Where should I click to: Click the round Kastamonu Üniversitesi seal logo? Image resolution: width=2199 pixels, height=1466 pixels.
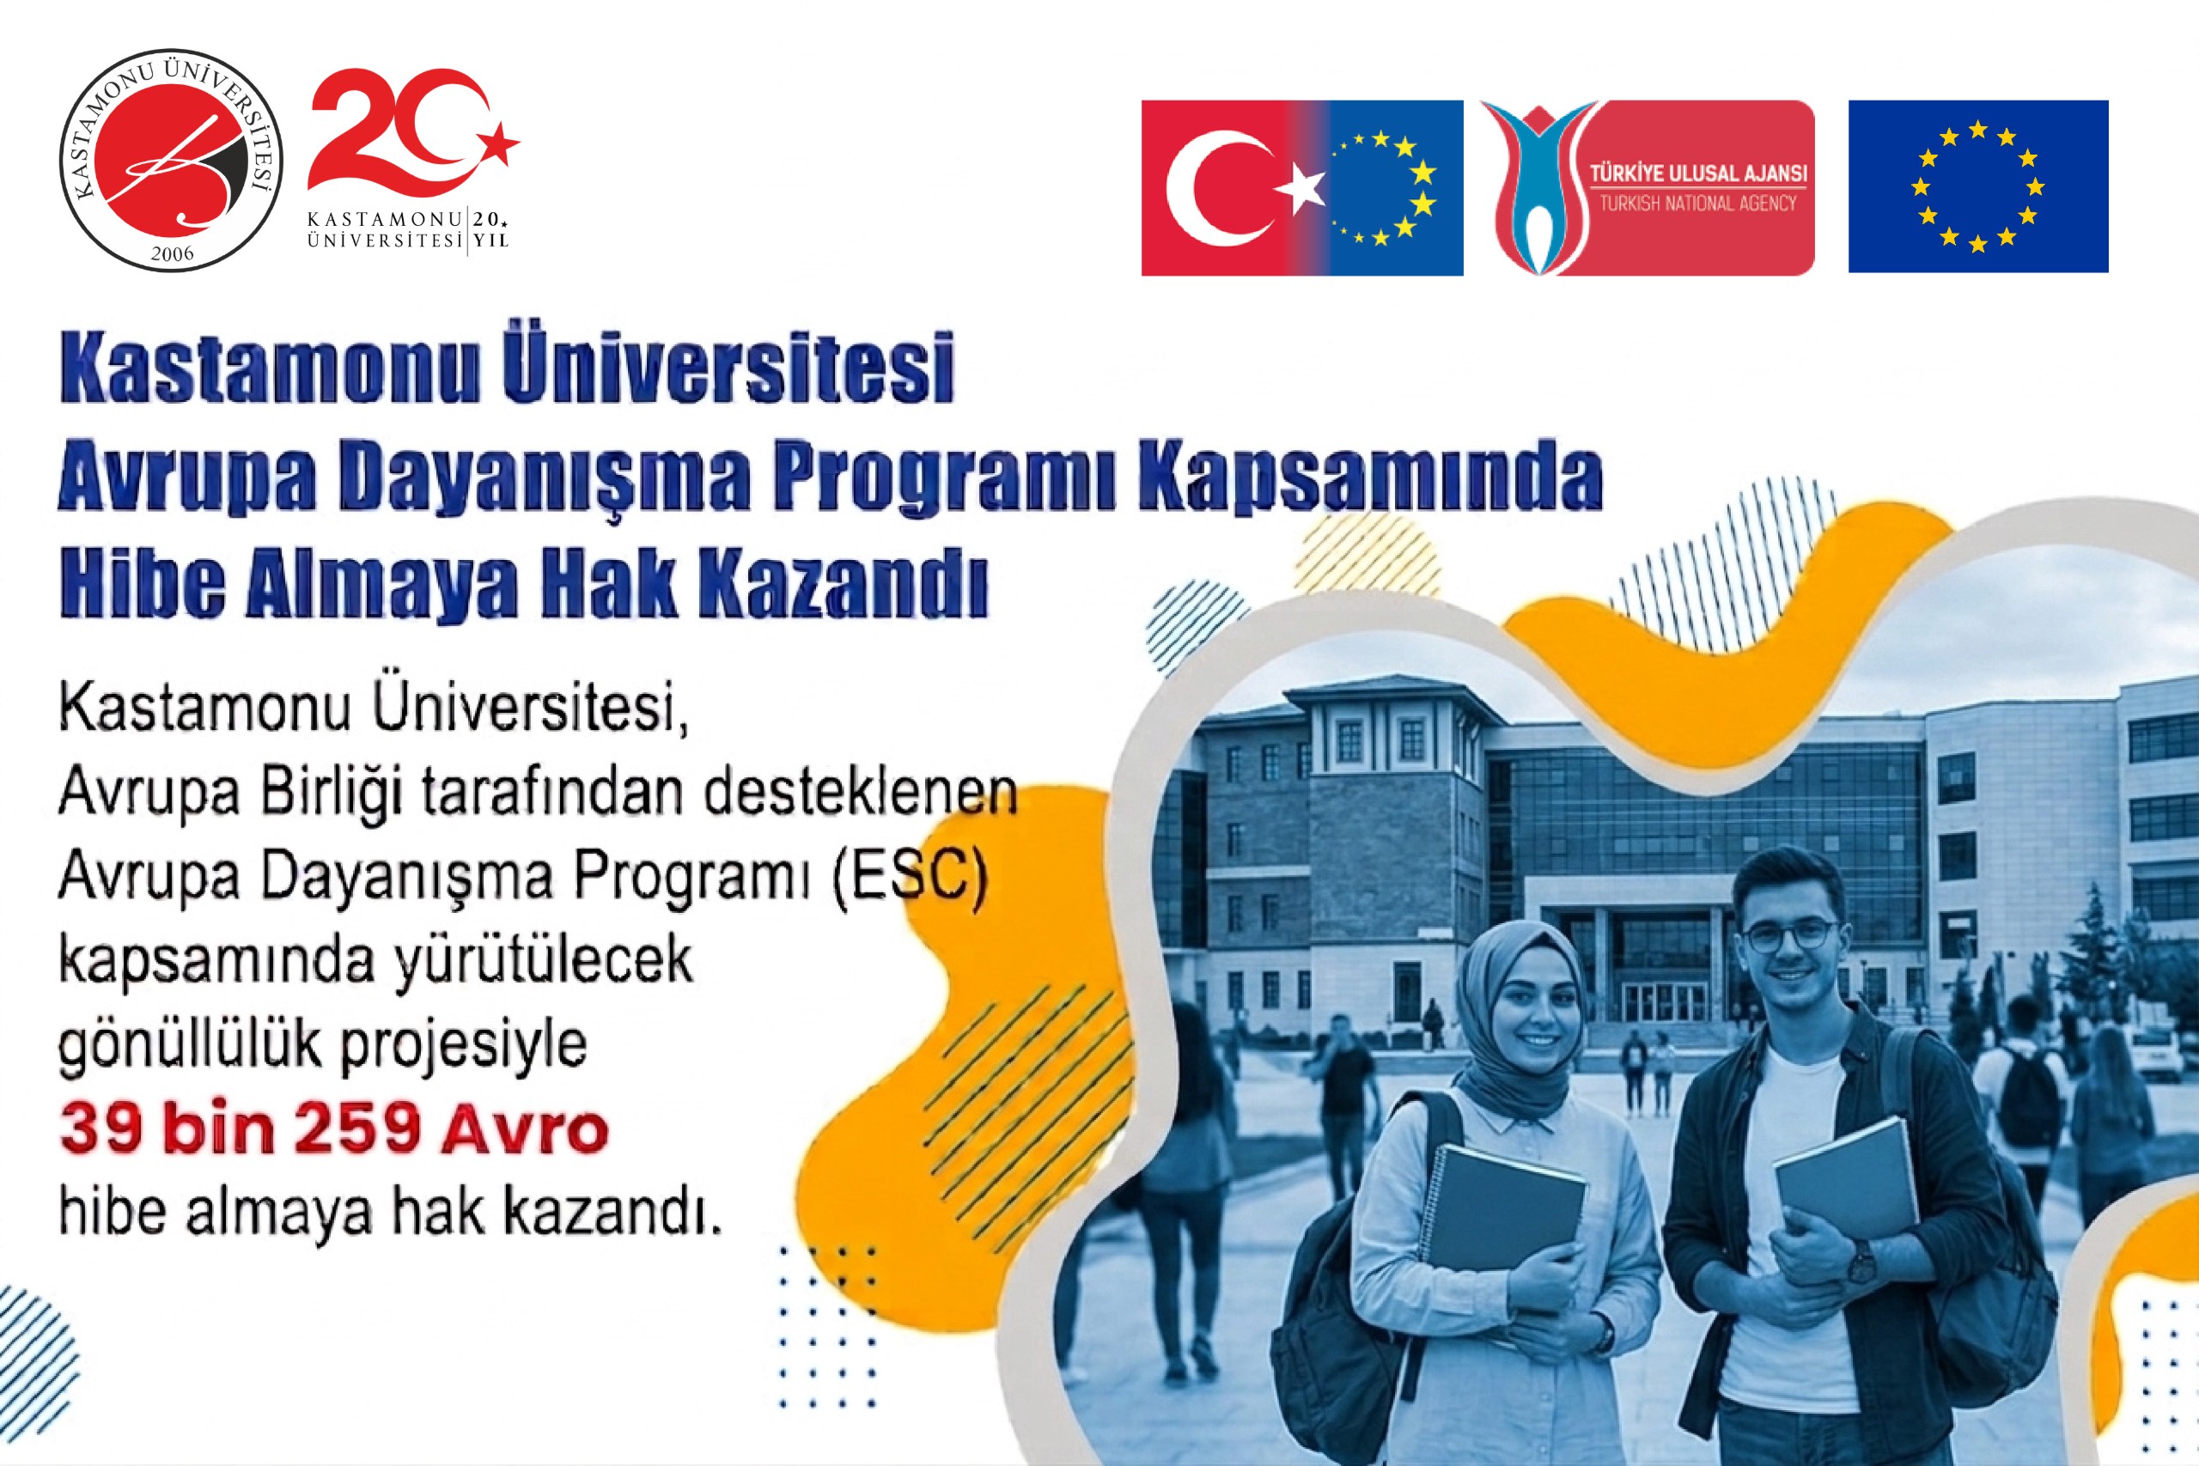coord(172,161)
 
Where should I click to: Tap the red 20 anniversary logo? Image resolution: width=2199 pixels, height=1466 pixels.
coord(413,160)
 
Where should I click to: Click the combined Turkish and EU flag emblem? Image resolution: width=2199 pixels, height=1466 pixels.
coord(1301,188)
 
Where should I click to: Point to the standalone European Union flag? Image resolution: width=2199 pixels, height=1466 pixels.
coord(1977,187)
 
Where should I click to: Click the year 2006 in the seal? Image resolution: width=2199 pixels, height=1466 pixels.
coord(172,253)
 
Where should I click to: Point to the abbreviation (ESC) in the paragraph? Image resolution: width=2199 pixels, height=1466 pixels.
coord(908,878)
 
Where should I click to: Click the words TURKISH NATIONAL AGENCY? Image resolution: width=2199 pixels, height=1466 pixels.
coord(1697,203)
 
